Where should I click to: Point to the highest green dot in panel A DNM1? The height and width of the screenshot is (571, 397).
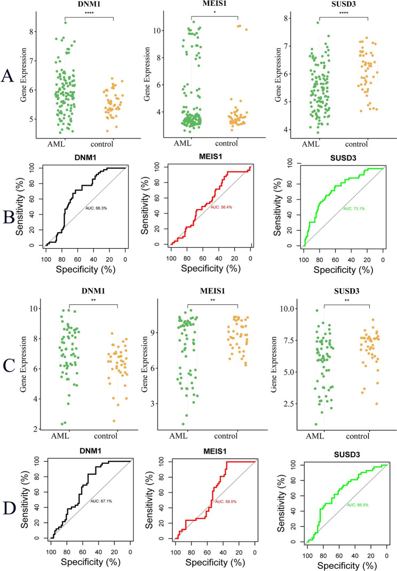click(x=66, y=22)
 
